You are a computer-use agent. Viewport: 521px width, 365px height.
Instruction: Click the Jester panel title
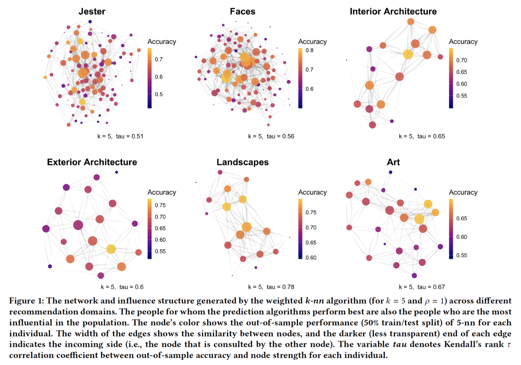tap(92, 11)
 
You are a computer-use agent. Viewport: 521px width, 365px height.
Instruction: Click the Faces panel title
tap(243, 11)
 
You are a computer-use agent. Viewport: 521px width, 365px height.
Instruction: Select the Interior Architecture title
tap(393, 11)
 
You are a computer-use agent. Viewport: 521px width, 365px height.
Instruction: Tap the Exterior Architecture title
tap(92, 162)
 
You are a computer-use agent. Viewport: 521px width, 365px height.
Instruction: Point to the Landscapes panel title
tap(243, 162)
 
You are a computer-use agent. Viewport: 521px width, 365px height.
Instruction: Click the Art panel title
tap(393, 162)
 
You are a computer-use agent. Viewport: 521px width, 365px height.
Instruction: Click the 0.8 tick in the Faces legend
tap(309, 50)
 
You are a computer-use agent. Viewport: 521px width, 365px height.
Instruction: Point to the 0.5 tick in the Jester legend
tap(158, 94)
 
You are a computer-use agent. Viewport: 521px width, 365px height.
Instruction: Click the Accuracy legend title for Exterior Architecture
tap(162, 192)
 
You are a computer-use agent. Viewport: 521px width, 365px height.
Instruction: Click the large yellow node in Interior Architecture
tap(408, 54)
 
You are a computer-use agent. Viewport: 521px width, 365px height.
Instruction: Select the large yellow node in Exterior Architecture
tap(111, 249)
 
